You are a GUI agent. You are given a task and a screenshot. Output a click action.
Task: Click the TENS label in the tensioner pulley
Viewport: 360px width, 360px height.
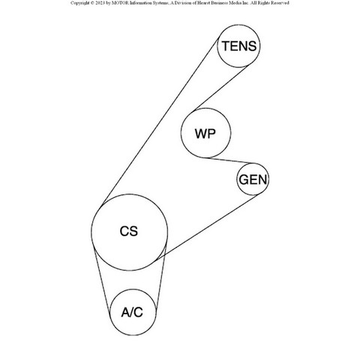(x=239, y=46)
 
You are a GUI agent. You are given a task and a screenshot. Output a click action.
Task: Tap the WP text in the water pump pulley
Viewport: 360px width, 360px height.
(x=205, y=133)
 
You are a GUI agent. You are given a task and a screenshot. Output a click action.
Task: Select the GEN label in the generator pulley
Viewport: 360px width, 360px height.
(x=253, y=179)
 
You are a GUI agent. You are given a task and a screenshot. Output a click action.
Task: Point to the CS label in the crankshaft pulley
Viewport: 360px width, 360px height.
(x=129, y=231)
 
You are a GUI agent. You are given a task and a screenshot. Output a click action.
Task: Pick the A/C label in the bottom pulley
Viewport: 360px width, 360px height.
(x=132, y=312)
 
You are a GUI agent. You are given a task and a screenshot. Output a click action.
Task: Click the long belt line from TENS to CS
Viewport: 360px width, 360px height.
(x=160, y=122)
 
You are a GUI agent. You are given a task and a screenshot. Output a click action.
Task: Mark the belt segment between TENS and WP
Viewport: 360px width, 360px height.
(x=221, y=88)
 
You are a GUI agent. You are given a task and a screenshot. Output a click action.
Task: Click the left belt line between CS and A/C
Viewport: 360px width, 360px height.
(x=101, y=278)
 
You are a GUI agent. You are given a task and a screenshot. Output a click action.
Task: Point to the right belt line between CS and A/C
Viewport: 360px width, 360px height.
(x=161, y=277)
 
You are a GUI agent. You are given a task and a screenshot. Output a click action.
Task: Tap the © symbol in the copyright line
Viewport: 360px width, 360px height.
(x=92, y=3)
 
